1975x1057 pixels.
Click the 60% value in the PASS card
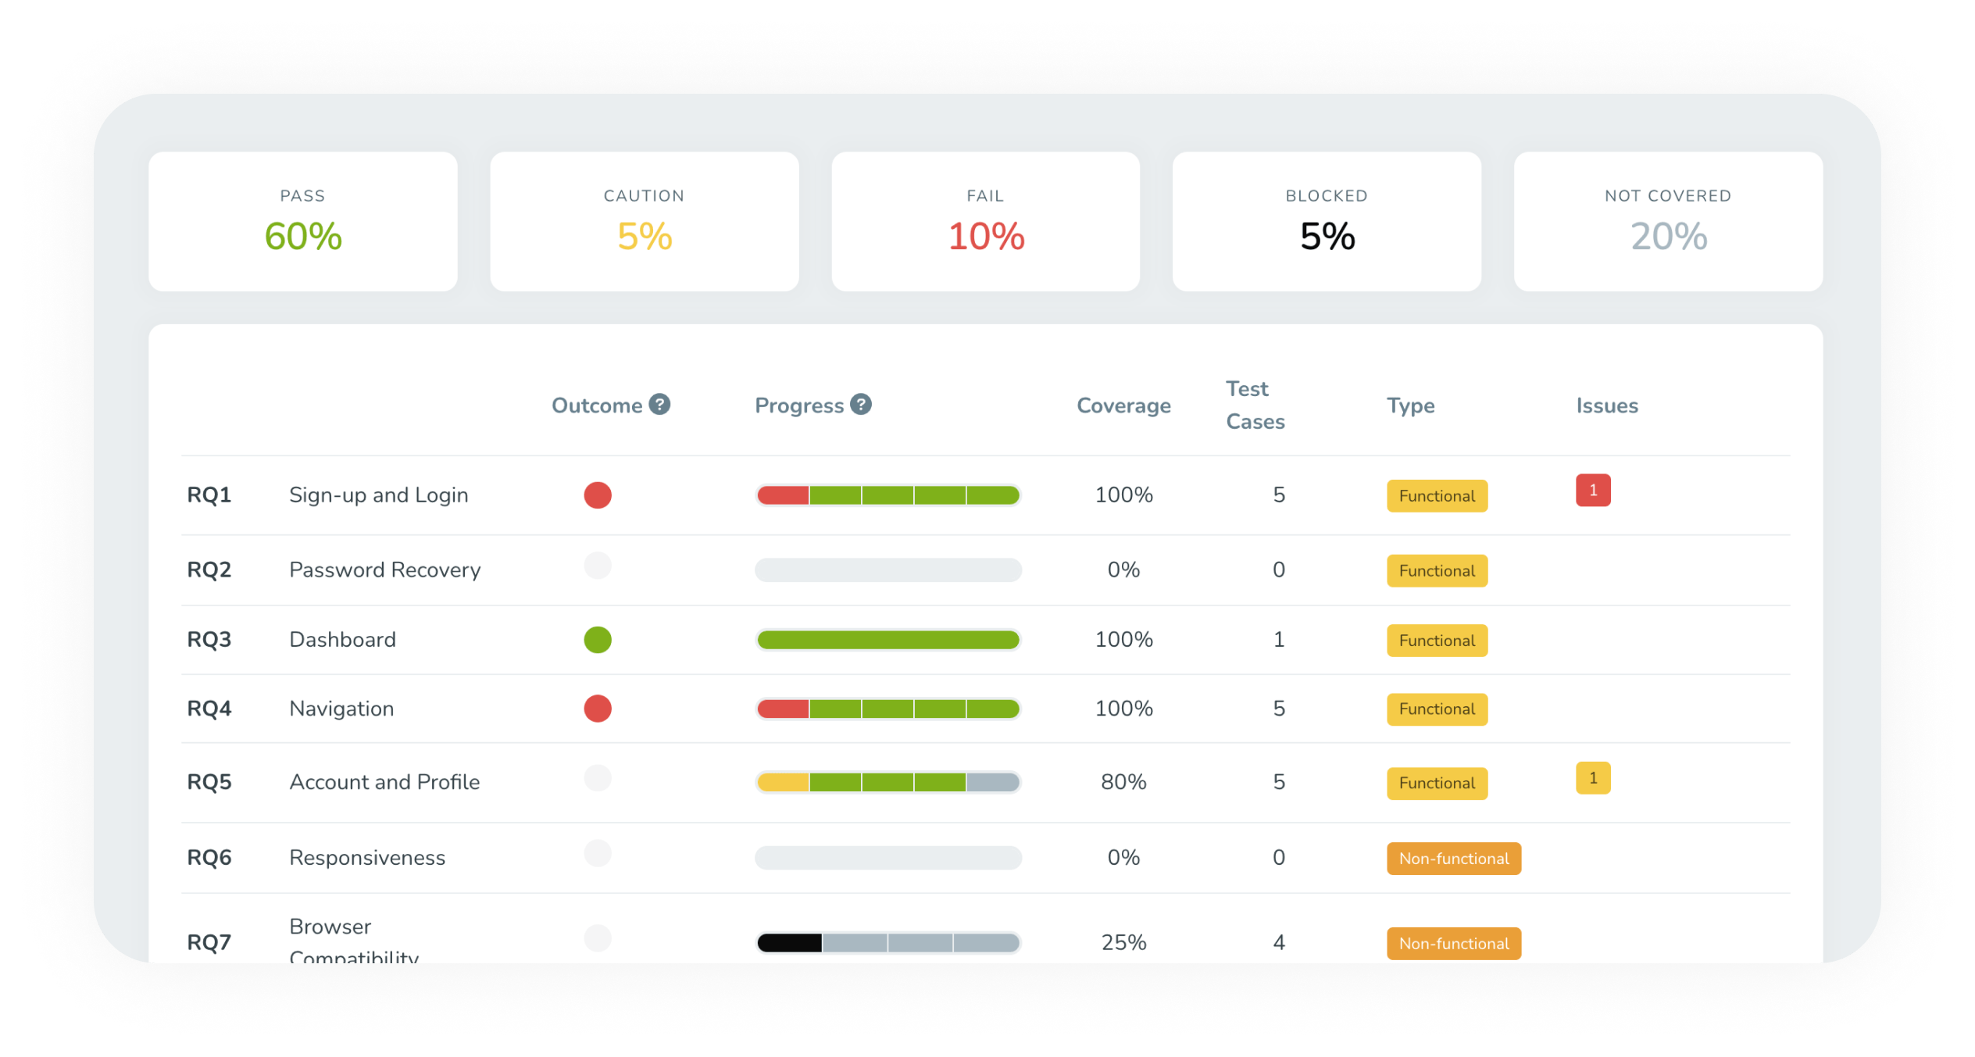click(303, 236)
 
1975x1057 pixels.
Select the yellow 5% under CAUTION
click(645, 236)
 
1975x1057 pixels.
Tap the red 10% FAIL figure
click(986, 236)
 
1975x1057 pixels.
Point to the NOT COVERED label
click(1668, 195)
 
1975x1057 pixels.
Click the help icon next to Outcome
click(659, 404)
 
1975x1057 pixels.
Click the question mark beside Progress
click(861, 404)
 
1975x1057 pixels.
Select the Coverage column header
click(1123, 405)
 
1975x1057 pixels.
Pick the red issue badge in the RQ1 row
click(1593, 491)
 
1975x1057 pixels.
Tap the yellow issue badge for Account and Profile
click(1593, 778)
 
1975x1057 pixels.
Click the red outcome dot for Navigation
click(598, 709)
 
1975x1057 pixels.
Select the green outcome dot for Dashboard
click(598, 640)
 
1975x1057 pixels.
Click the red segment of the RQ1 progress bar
click(784, 495)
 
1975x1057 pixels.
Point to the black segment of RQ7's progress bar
click(790, 943)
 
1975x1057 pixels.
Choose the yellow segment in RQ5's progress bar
click(784, 782)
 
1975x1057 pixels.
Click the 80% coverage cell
click(1123, 782)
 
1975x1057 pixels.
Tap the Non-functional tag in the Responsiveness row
click(1453, 859)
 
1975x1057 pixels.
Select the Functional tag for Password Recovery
click(1437, 571)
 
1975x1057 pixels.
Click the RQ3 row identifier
click(209, 640)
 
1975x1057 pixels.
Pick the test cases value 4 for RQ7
click(1279, 943)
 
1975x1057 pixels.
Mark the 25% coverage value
click(1123, 943)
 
